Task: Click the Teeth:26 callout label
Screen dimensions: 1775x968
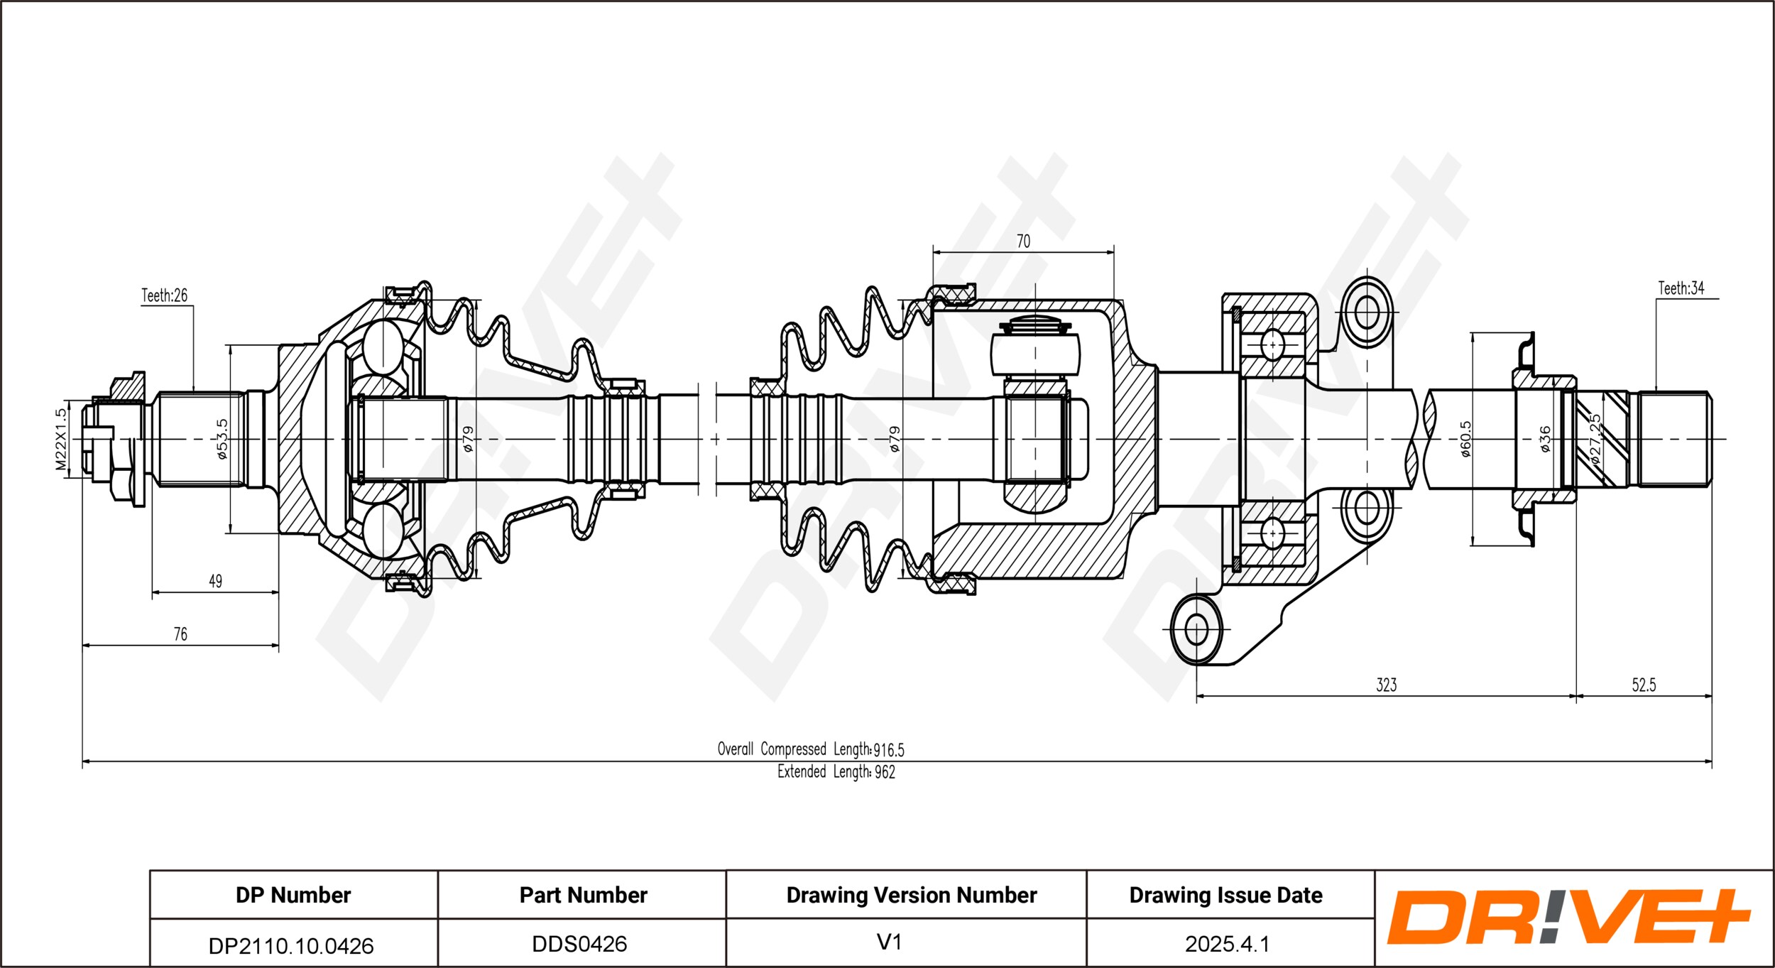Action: [164, 295]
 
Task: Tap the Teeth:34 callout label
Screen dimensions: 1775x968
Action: [1681, 288]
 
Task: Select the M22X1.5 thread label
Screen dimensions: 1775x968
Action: [62, 440]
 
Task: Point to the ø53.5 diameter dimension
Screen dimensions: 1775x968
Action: [222, 440]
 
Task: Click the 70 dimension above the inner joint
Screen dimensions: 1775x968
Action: [1023, 241]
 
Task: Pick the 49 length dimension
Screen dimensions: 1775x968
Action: [215, 582]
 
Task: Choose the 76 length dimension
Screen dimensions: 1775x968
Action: [180, 634]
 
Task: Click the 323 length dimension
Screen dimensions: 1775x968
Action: [1387, 685]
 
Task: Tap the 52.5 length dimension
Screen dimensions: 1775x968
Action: [1644, 685]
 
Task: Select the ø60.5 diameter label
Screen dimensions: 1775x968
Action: [1466, 440]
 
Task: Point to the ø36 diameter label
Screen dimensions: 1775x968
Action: [1545, 440]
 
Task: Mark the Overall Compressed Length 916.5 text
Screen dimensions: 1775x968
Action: [811, 749]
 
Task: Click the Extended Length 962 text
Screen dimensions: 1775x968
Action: [836, 772]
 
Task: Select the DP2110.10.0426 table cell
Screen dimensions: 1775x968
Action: [291, 946]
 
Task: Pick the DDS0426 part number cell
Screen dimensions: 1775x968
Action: [580, 944]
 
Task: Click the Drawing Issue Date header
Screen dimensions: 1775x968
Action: [1226, 896]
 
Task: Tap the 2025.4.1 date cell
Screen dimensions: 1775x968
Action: [1227, 944]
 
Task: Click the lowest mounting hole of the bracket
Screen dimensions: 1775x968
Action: [1197, 630]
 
